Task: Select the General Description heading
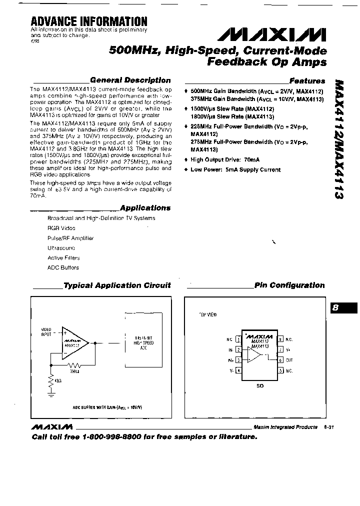130,80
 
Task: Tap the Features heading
307,80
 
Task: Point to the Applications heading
145,208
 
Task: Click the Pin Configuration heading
289,285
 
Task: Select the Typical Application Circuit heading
117,285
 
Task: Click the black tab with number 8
344,308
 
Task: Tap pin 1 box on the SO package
238,339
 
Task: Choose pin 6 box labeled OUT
281,360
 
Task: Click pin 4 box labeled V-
238,370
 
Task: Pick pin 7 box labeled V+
281,349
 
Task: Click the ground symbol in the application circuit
50,393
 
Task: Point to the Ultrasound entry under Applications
61,248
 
